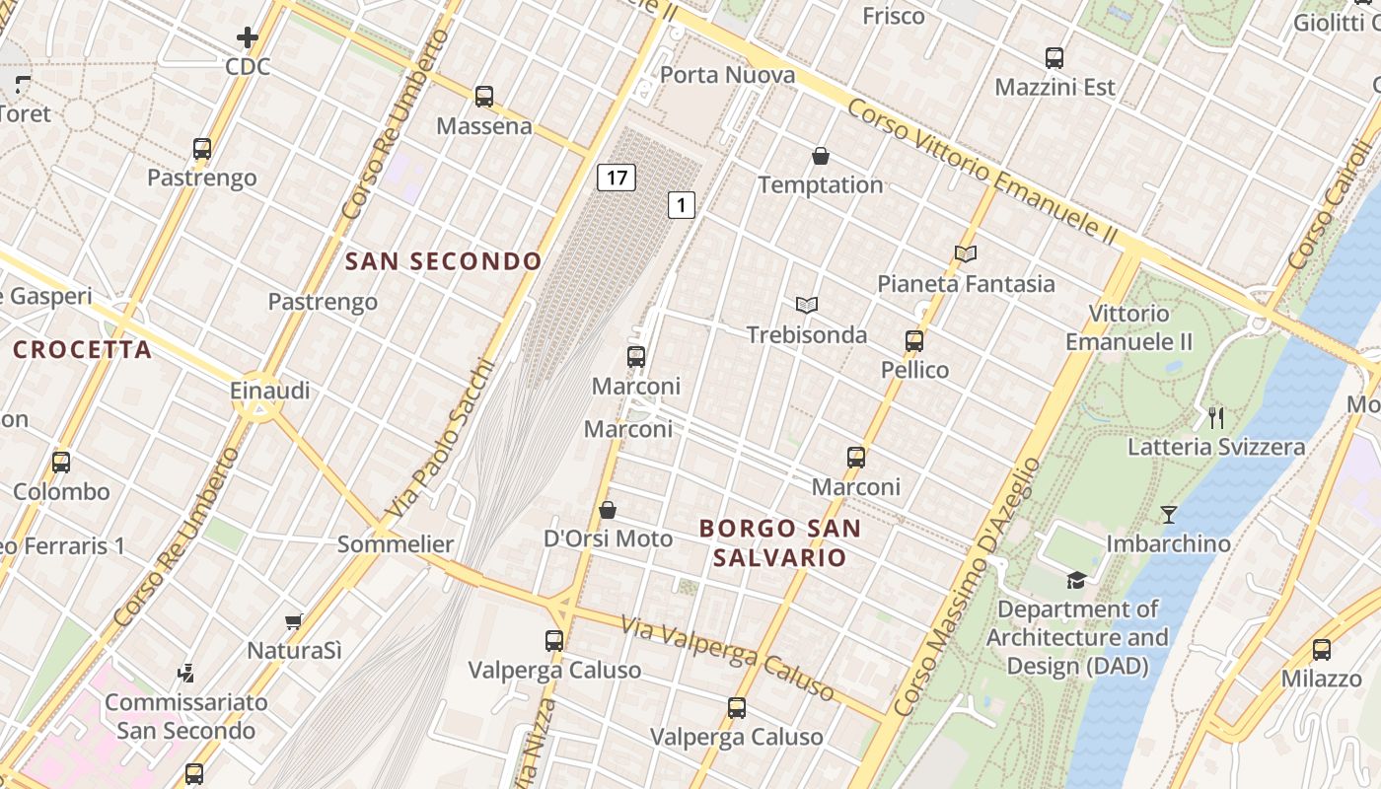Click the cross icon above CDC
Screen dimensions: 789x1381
click(248, 38)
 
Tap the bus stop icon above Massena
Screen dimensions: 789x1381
click(484, 97)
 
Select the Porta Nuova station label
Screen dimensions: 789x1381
click(727, 75)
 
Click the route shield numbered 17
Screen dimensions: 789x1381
click(617, 178)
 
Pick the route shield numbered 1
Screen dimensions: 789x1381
click(681, 205)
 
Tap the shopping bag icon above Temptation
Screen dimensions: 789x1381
click(821, 156)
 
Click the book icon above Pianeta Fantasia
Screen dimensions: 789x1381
click(966, 254)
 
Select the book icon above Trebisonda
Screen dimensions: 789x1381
click(807, 306)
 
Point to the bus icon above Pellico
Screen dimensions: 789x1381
click(914, 341)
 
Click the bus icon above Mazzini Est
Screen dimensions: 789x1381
click(1054, 58)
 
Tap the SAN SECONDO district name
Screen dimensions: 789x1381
click(444, 261)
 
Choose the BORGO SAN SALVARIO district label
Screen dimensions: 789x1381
click(780, 542)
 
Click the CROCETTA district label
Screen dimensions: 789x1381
click(83, 350)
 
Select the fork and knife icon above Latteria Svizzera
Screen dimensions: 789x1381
click(1216, 418)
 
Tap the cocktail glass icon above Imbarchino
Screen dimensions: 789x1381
click(1169, 515)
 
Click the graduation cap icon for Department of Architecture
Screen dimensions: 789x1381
click(1076, 580)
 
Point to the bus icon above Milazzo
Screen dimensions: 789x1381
click(1322, 650)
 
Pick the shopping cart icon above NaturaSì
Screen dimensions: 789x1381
click(293, 621)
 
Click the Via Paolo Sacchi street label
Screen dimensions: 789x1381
click(440, 439)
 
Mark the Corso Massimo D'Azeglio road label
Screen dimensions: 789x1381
click(967, 587)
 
